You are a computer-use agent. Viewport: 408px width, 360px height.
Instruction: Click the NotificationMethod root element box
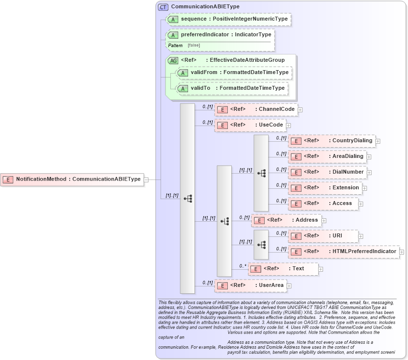pos(72,180)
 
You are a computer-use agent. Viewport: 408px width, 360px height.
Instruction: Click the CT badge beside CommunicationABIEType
pos(163,7)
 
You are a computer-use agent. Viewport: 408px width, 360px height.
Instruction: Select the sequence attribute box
pos(228,19)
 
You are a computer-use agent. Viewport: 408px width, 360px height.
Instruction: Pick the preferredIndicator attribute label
pos(225,35)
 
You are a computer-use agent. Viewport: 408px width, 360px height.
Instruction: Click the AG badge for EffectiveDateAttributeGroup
pos(173,60)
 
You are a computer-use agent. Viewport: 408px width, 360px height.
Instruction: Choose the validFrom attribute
pos(234,73)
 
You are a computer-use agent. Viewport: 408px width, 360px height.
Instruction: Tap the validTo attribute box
pos(232,88)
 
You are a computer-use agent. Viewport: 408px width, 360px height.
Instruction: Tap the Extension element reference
pos(325,188)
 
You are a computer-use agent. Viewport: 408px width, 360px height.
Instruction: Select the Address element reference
pos(286,220)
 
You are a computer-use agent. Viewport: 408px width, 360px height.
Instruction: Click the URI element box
pos(323,236)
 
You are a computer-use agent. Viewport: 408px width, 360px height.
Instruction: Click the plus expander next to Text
pos(321,269)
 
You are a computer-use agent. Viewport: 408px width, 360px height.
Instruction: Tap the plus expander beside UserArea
pos(289,285)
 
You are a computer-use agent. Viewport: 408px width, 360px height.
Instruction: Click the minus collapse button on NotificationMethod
pos(146,180)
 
